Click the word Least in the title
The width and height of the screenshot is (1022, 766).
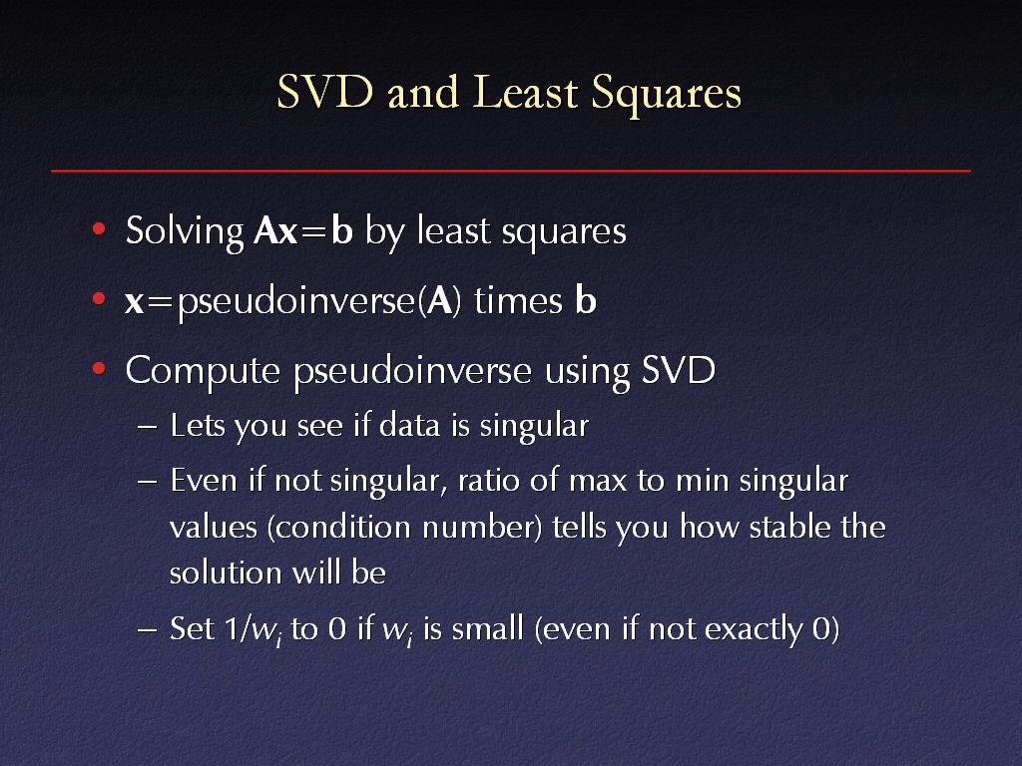525,92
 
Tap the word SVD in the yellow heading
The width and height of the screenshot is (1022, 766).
324,92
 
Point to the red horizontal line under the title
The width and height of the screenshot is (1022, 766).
511,171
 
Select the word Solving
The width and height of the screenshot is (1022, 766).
185,231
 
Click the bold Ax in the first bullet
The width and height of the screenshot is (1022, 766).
275,230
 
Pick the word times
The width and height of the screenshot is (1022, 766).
518,301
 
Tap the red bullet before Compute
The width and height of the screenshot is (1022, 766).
99,369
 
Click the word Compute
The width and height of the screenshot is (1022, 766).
203,371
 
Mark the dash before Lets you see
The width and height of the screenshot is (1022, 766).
148,428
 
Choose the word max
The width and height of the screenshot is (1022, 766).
598,482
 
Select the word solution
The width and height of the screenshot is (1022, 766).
225,573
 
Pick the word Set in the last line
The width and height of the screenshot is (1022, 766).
193,628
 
